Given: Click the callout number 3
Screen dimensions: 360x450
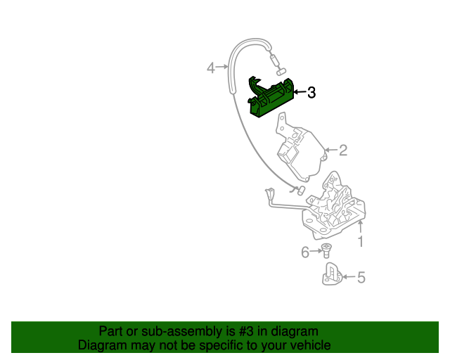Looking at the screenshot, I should tap(311, 92).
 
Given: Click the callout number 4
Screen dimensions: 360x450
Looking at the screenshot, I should tap(210, 68).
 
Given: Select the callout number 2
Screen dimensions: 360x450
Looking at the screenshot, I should tap(343, 150).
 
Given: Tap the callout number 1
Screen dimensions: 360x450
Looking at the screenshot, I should tap(361, 242).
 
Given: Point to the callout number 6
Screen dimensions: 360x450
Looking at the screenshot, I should tap(306, 252).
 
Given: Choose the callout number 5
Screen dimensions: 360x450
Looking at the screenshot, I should tap(361, 278).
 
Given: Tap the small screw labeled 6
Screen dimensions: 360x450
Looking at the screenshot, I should tap(326, 250).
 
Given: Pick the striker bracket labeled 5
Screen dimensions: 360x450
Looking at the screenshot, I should tap(332, 274).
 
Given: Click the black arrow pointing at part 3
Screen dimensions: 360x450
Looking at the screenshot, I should tap(298, 92).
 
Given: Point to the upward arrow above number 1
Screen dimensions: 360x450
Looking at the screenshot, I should tap(361, 226).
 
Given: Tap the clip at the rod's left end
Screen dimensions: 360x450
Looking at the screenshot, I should tap(269, 193).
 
